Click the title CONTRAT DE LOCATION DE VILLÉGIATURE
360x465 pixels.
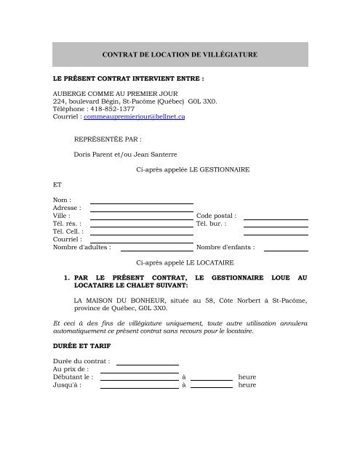[179, 54]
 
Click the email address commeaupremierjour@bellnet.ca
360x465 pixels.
[135, 116]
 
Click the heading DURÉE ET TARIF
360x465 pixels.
[81, 345]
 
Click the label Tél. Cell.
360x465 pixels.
[67, 232]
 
